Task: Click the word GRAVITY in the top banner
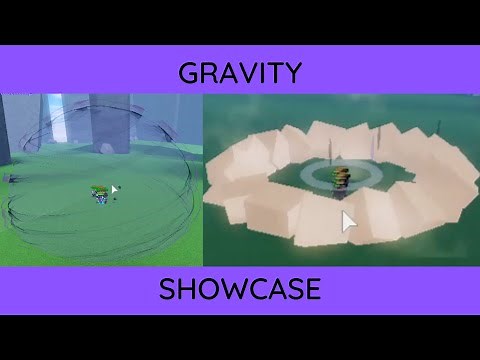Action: [x=240, y=73]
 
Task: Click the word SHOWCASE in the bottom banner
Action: [x=240, y=289]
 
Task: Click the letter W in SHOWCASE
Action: [x=227, y=289]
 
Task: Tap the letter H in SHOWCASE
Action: [x=187, y=289]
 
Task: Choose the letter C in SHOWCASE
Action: [x=250, y=289]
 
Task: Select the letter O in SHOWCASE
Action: [x=206, y=289]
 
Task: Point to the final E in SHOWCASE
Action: [x=311, y=289]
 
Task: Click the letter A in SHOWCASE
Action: [x=270, y=289]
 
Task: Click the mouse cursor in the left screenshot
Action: [x=115, y=189]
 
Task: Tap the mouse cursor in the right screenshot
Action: [x=348, y=221]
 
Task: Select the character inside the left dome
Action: [x=100, y=195]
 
